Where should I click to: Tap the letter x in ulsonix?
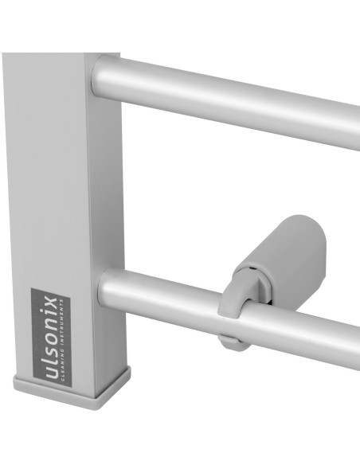(52, 300)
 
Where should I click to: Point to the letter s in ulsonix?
(52, 355)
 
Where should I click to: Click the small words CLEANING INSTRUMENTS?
(62, 339)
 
